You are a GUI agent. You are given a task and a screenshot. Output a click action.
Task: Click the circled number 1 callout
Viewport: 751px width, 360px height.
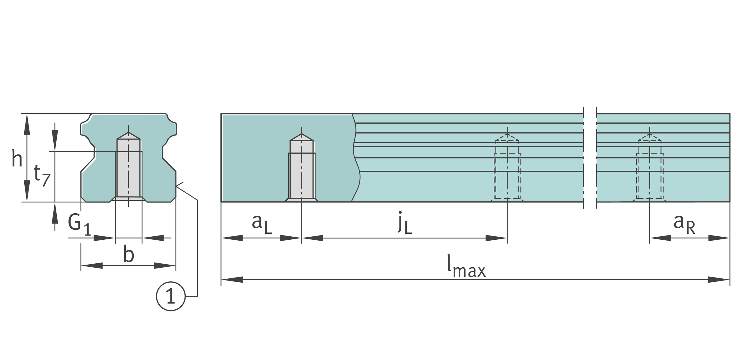tap(171, 296)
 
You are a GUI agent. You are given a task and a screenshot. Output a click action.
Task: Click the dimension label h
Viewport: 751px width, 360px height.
tap(17, 158)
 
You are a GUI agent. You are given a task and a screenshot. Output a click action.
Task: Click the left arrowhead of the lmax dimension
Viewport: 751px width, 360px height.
tap(232, 280)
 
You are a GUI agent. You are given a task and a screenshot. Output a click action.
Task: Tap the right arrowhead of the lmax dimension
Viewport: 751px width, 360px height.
tap(719, 280)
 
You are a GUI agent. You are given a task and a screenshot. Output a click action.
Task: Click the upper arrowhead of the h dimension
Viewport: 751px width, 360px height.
tap(27, 124)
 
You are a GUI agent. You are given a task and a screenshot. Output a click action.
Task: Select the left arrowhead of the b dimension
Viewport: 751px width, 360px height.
tap(92, 265)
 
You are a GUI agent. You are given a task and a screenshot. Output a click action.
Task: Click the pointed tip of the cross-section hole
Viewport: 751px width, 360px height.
tap(128, 132)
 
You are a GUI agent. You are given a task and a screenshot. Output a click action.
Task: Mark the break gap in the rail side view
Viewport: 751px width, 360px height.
tap(590, 158)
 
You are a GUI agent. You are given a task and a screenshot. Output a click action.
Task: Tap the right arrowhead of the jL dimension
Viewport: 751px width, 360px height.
tap(496, 238)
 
